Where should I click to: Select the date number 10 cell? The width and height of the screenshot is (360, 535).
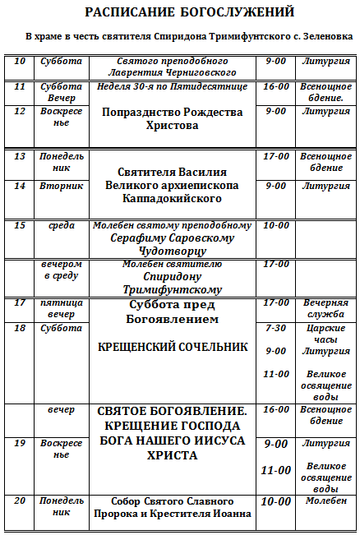[20, 62]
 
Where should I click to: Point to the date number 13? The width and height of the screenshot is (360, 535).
[20, 156]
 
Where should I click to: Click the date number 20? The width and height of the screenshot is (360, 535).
[20, 500]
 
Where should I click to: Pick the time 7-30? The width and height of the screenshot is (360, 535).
[276, 328]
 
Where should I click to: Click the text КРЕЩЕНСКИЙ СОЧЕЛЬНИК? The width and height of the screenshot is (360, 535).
[172, 347]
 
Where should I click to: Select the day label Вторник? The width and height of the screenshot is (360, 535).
[61, 186]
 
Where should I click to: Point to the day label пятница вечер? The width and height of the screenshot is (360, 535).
[61, 307]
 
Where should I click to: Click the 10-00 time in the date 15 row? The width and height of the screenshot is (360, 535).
[276, 225]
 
